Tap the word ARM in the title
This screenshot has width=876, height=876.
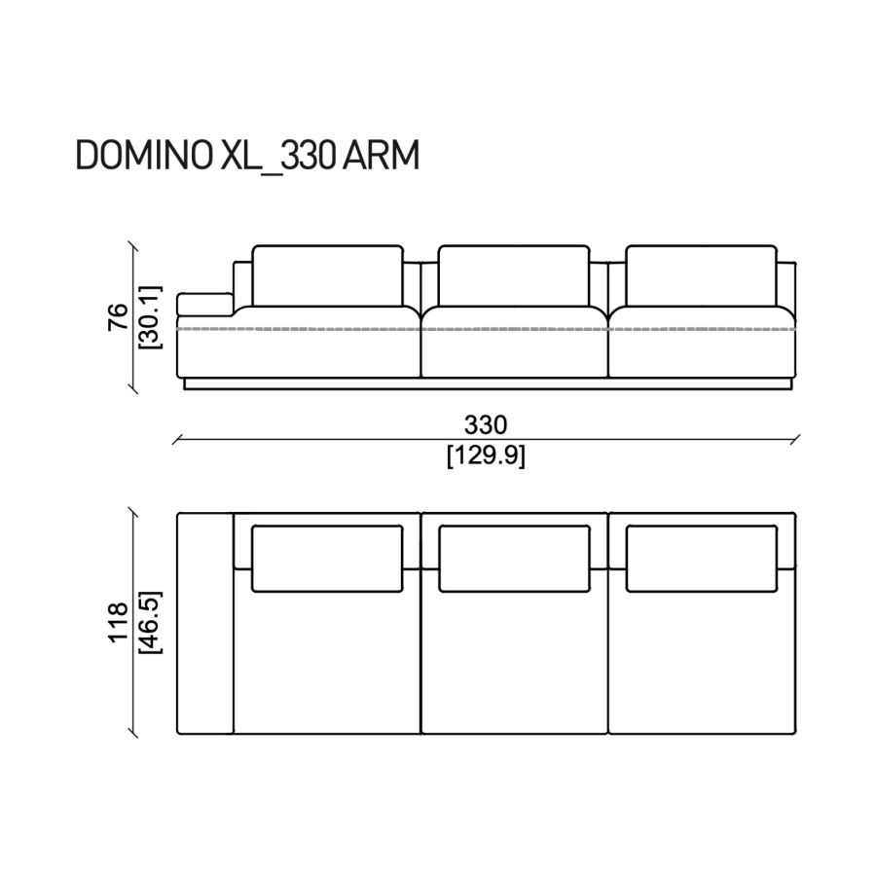tap(381, 156)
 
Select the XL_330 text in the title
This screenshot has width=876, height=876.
tap(277, 157)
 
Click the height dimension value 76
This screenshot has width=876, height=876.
tap(118, 317)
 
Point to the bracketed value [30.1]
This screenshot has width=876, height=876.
tap(150, 317)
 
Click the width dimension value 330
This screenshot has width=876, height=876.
tap(486, 424)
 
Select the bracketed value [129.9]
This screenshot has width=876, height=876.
tap(486, 456)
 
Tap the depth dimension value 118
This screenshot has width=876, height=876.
tap(119, 622)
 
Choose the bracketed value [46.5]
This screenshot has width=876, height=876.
tap(150, 622)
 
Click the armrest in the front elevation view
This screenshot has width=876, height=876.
tap(204, 305)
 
